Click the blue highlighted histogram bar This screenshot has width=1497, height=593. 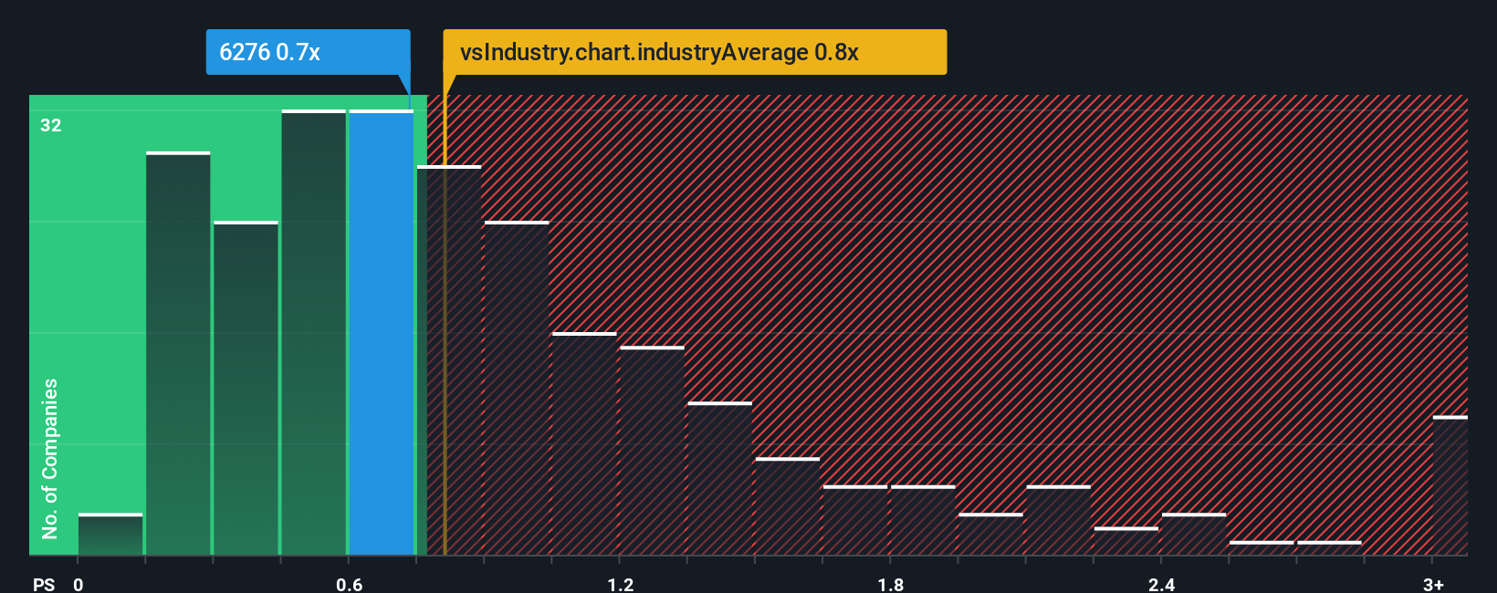tap(382, 333)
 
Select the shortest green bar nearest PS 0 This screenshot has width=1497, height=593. tap(110, 535)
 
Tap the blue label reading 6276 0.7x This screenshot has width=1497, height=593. tap(270, 52)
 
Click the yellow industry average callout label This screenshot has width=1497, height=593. tap(694, 52)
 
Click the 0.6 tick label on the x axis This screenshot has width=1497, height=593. tap(349, 584)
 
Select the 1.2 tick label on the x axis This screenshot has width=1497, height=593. tap(620, 584)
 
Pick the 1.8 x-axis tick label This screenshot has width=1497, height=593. tap(891, 584)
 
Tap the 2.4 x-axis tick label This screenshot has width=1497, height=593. tap(1161, 584)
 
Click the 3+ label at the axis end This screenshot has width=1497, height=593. tap(1433, 584)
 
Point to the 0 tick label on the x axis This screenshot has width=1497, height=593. tap(79, 584)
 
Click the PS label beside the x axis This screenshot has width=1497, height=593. tap(44, 584)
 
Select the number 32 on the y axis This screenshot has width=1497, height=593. tap(51, 125)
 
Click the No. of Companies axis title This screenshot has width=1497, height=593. tap(50, 458)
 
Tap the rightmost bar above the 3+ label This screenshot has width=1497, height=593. tap(1450, 486)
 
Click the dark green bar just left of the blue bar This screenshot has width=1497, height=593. tap(314, 333)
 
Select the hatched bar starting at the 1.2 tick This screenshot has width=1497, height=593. tap(652, 452)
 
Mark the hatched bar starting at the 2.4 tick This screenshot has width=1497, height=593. tap(1194, 535)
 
